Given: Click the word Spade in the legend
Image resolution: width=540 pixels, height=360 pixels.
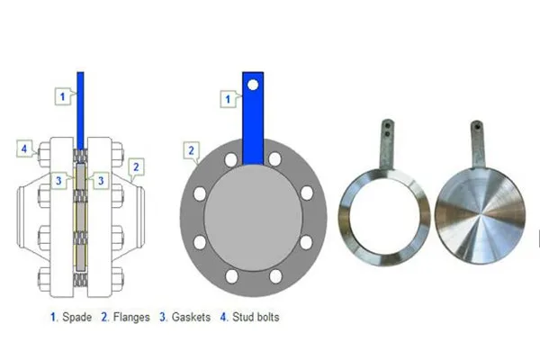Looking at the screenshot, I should point(76,317).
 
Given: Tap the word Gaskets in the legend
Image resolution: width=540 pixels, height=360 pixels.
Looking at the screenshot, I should point(190,317).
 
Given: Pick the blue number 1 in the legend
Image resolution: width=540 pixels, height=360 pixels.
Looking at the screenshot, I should point(53,317).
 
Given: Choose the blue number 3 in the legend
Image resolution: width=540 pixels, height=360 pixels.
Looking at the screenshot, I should point(162,317).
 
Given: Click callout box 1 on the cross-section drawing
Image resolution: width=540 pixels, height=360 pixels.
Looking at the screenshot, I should point(62,94).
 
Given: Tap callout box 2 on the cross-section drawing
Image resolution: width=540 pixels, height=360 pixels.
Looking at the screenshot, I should point(135,166).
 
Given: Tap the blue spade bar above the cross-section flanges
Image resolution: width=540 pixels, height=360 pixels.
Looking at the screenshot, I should point(80,108).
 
